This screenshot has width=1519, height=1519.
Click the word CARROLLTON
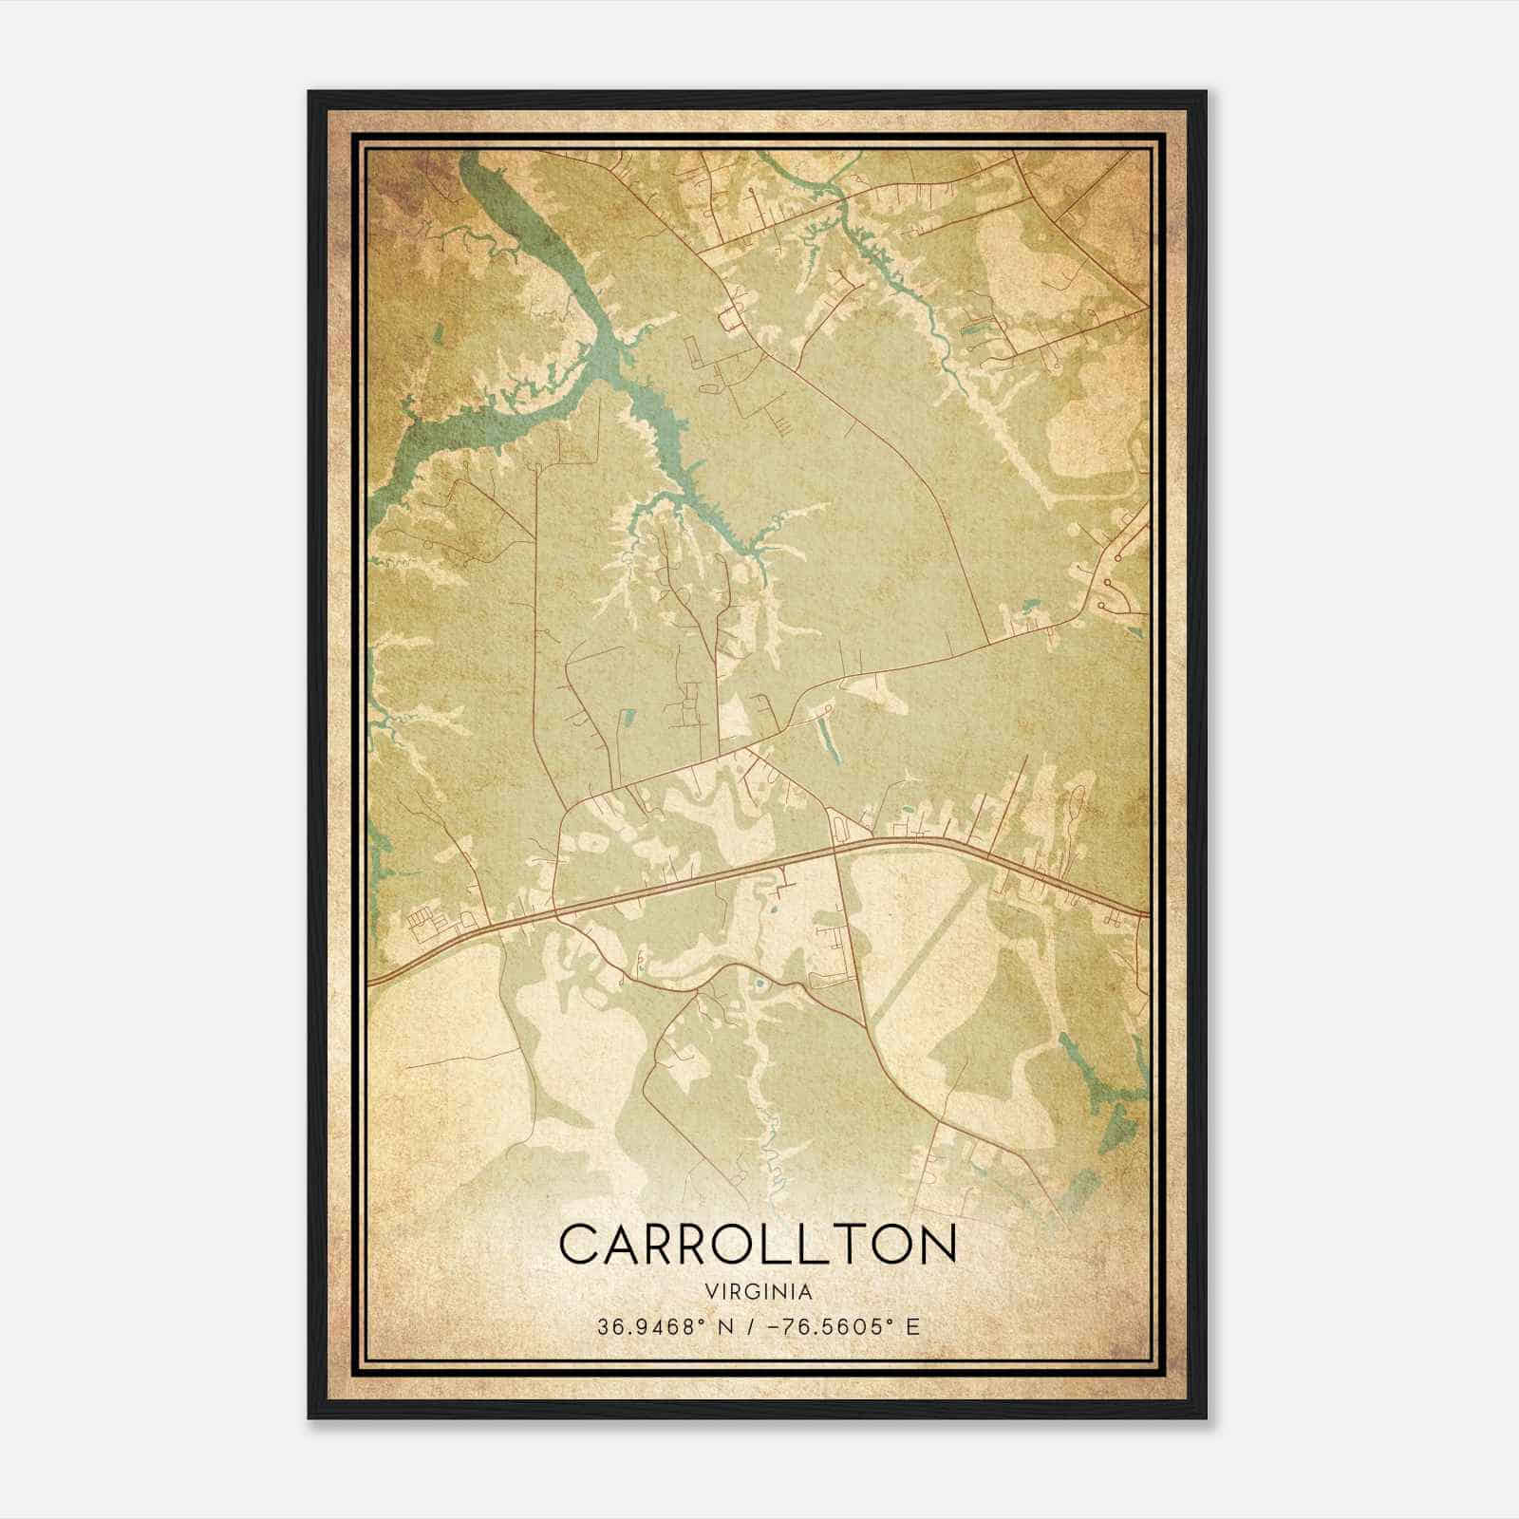[x=758, y=1245]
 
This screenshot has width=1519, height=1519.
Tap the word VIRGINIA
[x=759, y=1292]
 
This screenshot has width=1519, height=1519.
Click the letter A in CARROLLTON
[x=625, y=1245]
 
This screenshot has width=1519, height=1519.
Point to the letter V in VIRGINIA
[x=710, y=1292]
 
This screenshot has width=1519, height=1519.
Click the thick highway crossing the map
[x=722, y=872]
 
